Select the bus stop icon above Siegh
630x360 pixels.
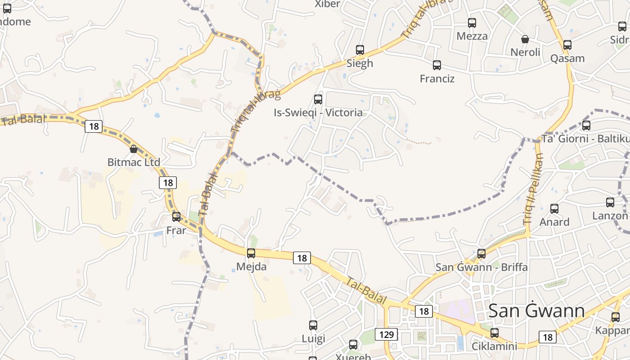(x=360, y=49)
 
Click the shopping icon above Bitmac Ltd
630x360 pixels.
(x=134, y=148)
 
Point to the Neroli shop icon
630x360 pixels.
(x=525, y=39)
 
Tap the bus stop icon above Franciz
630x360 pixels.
(x=436, y=65)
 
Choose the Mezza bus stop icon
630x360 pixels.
(x=472, y=22)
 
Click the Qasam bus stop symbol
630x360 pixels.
(x=567, y=45)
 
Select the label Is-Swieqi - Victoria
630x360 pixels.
(x=318, y=112)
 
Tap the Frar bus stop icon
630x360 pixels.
(x=176, y=217)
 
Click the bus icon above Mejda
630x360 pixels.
(x=251, y=253)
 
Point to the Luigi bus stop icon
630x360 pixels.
(x=313, y=325)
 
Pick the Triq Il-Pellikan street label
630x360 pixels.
(x=534, y=189)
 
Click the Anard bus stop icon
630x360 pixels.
(x=554, y=208)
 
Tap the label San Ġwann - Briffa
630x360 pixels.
(x=481, y=267)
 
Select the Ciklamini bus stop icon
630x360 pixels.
(x=495, y=333)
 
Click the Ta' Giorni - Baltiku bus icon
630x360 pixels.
(x=586, y=125)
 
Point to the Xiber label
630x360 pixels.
(x=328, y=4)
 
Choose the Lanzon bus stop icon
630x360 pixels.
(x=610, y=202)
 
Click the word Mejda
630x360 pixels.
(x=251, y=267)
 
